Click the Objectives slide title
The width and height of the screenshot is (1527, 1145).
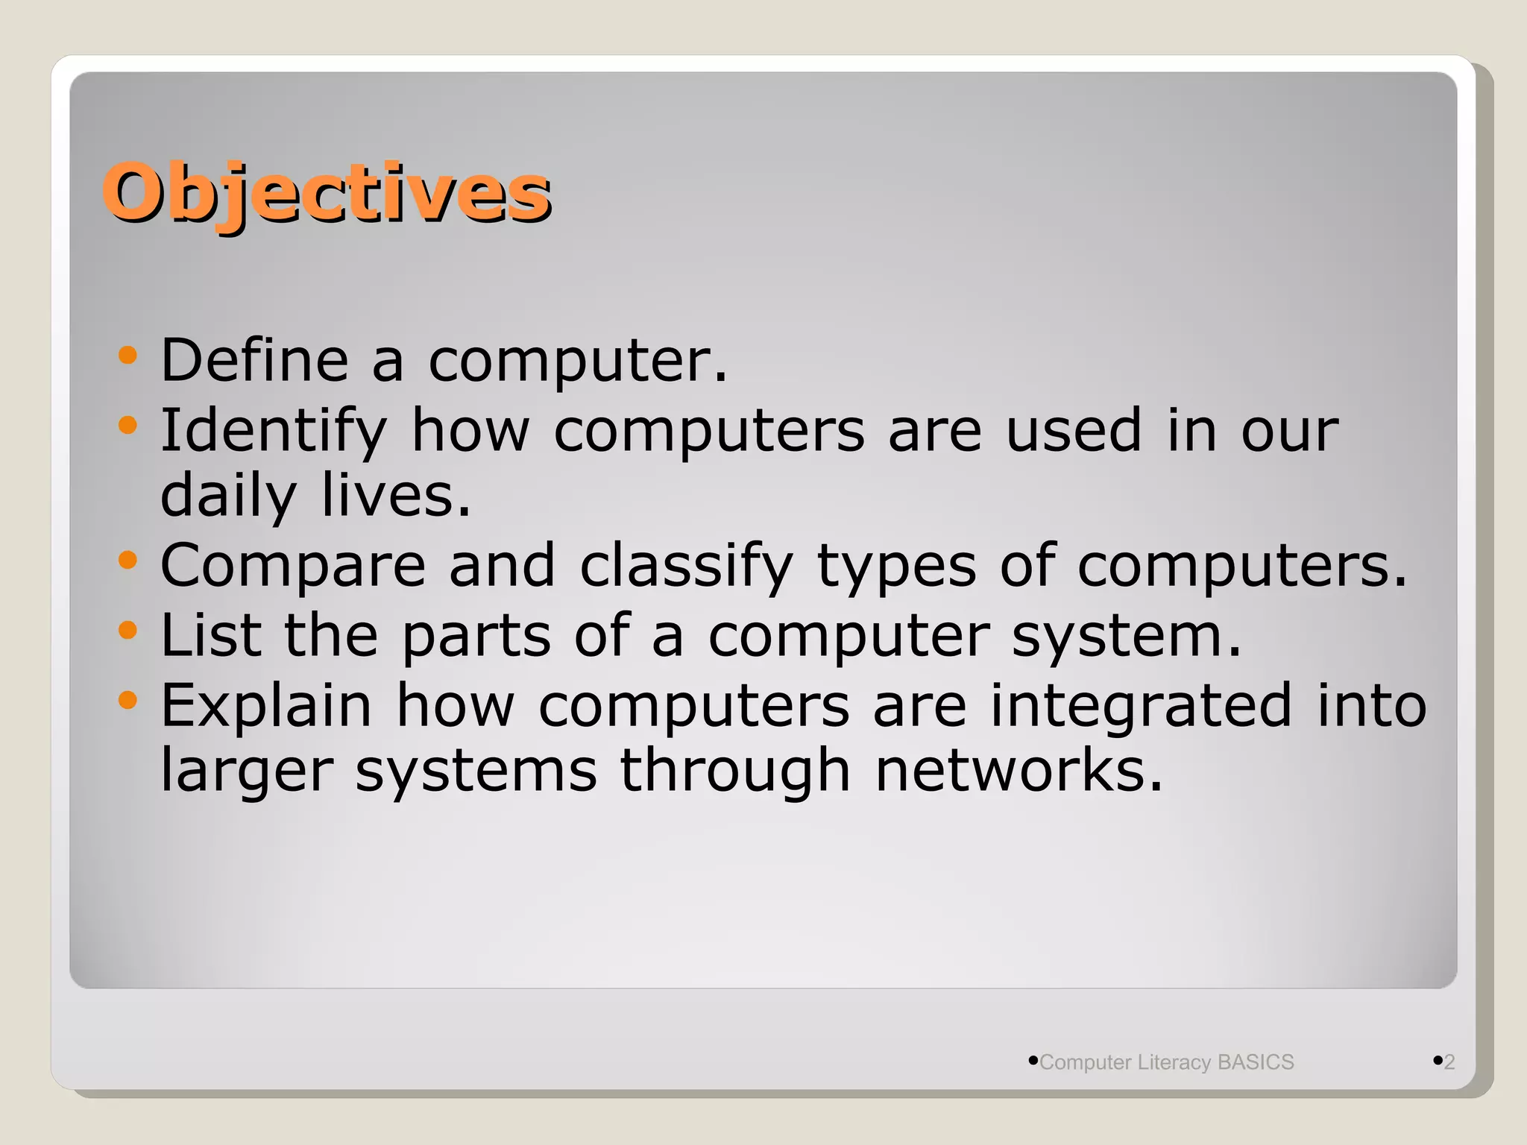[327, 192]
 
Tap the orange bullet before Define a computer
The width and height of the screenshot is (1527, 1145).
[128, 355]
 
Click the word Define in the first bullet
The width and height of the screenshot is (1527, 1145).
[254, 360]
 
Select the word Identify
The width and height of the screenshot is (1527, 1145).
[274, 431]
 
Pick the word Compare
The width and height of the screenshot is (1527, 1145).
[293, 565]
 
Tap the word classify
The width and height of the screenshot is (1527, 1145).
[686, 565]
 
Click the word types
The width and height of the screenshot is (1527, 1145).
[896, 567]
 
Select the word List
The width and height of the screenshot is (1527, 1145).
[210, 635]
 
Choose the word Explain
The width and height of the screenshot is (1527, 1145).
[266, 706]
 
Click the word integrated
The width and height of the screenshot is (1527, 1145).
[1141, 706]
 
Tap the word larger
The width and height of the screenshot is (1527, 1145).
[247, 771]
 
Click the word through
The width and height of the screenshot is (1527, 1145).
[734, 771]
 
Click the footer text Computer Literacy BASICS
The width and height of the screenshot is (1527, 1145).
[1166, 1062]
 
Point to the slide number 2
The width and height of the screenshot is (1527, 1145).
[1449, 1062]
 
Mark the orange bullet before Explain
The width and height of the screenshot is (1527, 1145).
[128, 700]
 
